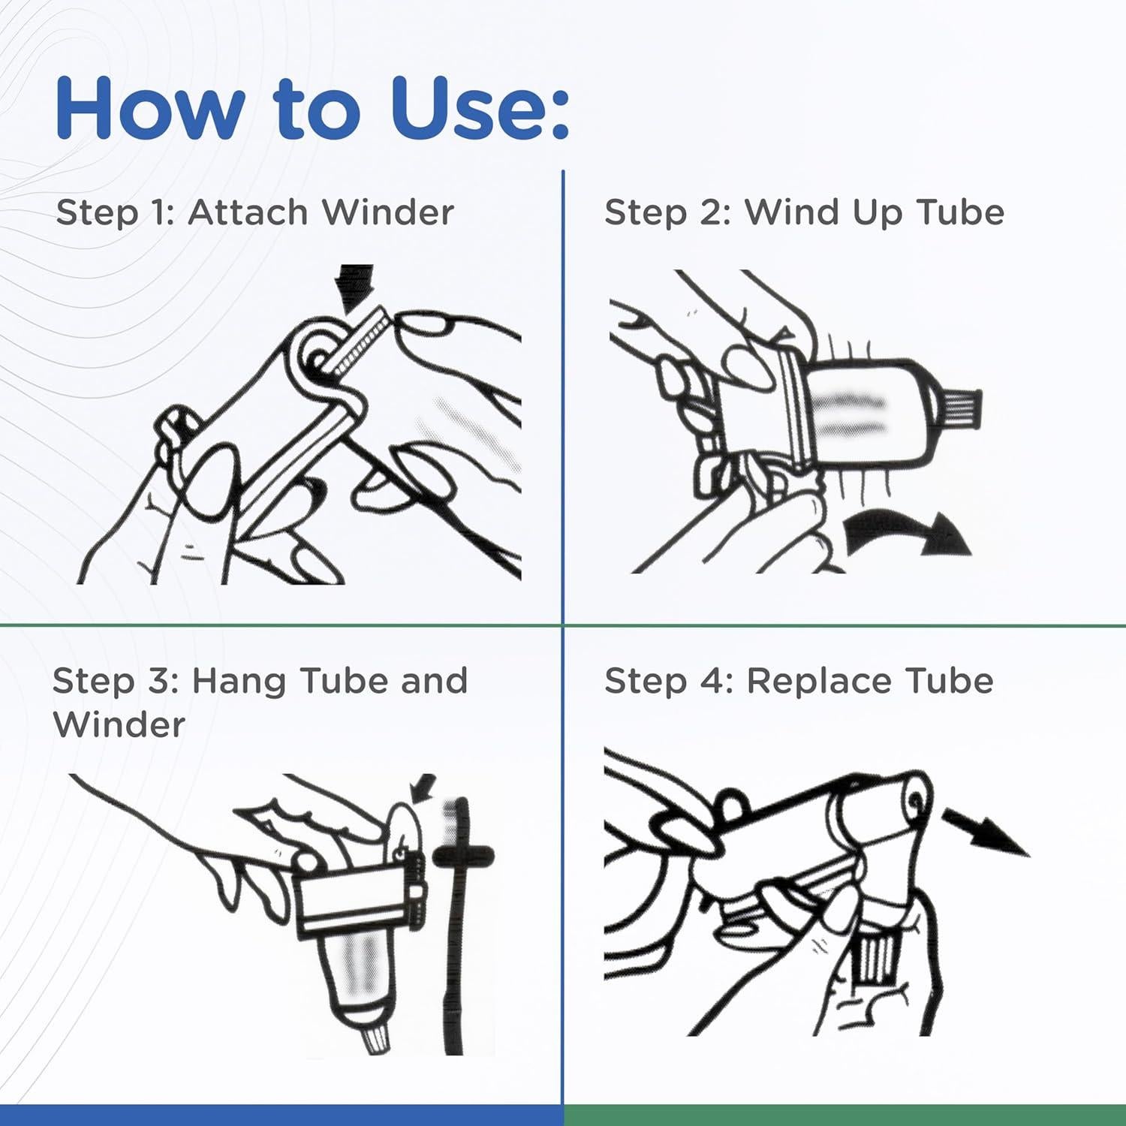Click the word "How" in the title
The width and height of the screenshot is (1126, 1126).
[x=150, y=108]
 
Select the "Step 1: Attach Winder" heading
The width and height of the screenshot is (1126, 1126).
[x=254, y=212]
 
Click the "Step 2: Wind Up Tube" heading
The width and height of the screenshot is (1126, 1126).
[x=804, y=213]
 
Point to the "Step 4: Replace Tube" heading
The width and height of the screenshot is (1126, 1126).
[x=799, y=682]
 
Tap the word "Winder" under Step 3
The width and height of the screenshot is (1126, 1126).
[x=119, y=725]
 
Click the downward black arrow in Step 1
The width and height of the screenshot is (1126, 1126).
[x=355, y=288]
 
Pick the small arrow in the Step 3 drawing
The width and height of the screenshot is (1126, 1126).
[x=423, y=788]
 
